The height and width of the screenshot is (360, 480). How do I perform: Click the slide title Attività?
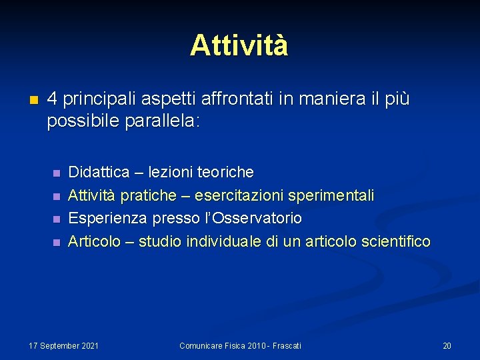tap(239, 45)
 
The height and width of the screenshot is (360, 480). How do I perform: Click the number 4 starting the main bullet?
tap(53, 99)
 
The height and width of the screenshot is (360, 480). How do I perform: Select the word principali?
tap(98, 100)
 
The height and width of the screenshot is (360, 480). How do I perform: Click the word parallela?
tap(162, 122)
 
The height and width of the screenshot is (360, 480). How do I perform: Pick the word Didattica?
tap(99, 172)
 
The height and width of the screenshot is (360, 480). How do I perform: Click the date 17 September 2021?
tap(64, 345)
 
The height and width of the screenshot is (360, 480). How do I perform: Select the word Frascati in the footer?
tap(285, 345)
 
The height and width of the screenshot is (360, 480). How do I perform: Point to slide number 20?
tap(447, 345)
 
